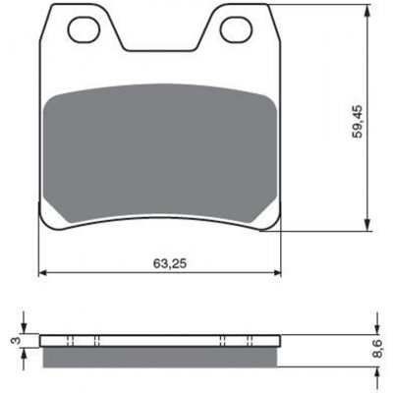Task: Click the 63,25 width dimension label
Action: [170, 263]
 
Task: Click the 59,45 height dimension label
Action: [358, 122]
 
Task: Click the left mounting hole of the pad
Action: [84, 30]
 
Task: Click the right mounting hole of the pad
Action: [236, 29]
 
